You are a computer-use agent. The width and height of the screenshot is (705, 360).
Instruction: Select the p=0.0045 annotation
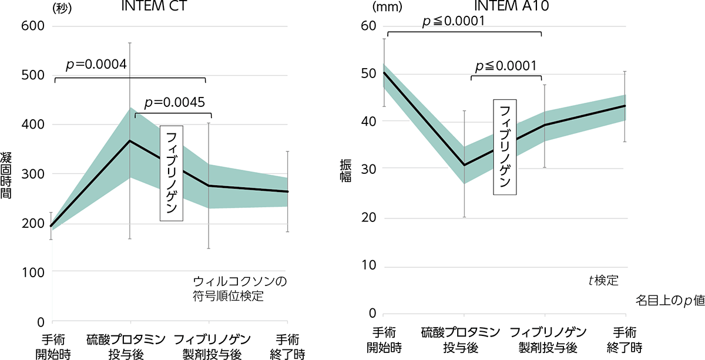pos(174,102)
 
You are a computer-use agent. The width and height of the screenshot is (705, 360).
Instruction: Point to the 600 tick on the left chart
pos(32,26)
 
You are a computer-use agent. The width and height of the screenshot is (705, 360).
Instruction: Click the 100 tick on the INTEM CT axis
pos(32,272)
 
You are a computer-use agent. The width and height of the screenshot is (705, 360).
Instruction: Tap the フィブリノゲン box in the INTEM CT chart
pos(172,173)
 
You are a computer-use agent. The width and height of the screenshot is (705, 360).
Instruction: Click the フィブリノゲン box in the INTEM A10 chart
pos(505,147)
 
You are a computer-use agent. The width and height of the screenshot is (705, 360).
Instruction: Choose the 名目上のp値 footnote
pos(669,300)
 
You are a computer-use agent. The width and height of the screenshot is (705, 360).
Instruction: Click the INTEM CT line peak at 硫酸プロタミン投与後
pos(130,141)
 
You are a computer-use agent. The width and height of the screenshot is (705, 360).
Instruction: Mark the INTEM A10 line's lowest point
pos(464,165)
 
